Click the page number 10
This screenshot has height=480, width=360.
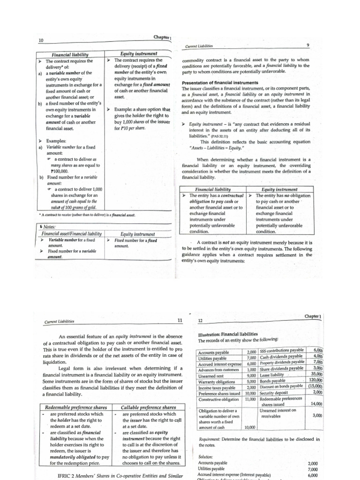tap(41, 41)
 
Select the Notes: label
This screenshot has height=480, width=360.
tap(49, 227)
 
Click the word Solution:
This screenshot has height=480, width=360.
tap(206, 456)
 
